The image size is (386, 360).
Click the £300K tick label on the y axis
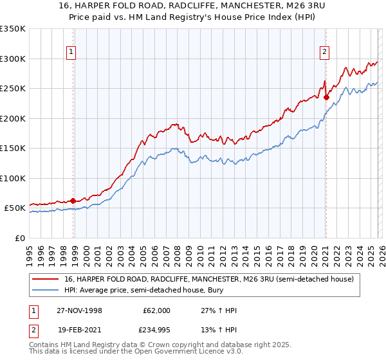click(x=12, y=59)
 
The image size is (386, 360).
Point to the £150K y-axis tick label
click(x=12, y=148)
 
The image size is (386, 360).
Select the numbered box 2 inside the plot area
click(x=325, y=53)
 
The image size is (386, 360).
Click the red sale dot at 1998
click(x=73, y=201)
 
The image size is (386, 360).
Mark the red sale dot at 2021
click(x=326, y=98)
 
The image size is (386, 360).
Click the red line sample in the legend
click(x=46, y=280)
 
